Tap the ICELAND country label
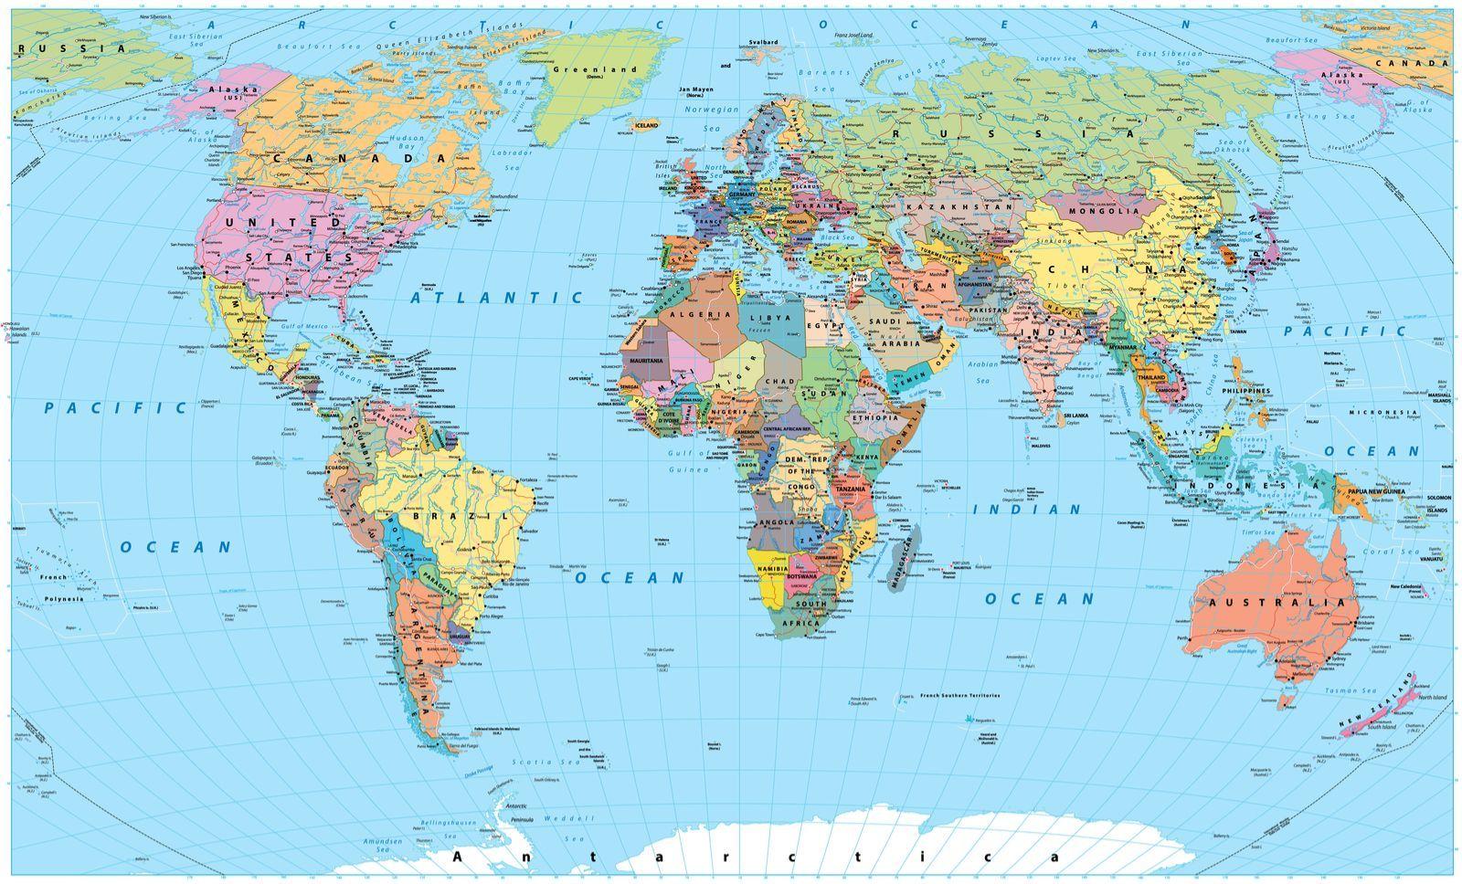pyautogui.click(x=646, y=125)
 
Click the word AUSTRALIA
pyautogui.click(x=1277, y=603)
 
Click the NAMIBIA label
pyautogui.click(x=773, y=569)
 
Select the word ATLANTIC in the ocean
pyautogui.click(x=496, y=298)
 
